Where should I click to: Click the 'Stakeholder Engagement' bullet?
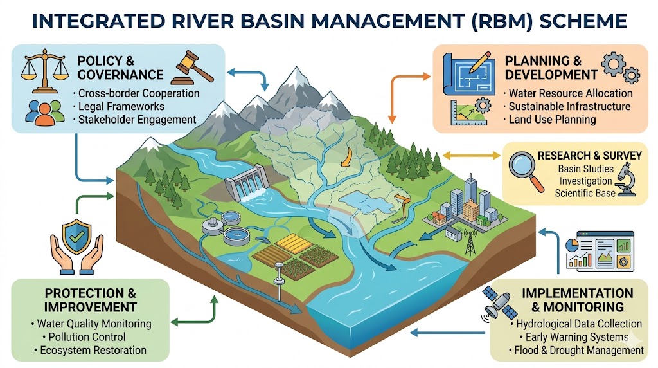pos(136,119)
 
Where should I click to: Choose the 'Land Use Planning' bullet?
pos(552,119)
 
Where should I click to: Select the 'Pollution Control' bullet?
pos(83,337)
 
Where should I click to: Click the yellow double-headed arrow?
pos(471,155)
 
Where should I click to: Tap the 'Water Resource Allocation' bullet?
pos(570,93)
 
